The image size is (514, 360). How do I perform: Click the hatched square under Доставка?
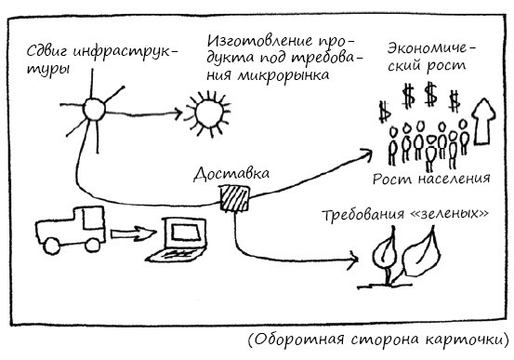tap(234, 199)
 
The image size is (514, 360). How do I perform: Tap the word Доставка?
tap(231, 174)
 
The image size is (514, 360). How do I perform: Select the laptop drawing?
tap(177, 240)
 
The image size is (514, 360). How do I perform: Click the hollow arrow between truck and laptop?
tap(133, 233)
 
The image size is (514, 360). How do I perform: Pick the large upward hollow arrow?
tap(483, 121)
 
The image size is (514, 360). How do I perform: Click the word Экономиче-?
tap(431, 49)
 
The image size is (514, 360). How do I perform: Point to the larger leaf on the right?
tap(421, 253)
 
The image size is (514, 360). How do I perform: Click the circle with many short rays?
tap(208, 113)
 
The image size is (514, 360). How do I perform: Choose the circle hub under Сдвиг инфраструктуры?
tap(94, 110)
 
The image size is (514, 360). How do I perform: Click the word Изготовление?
tap(260, 41)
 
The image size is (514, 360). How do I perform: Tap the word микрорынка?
tap(283, 75)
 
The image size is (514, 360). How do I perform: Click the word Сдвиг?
tap(47, 51)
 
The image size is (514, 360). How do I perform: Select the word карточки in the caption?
tap(468, 340)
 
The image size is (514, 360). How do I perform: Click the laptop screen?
tap(186, 233)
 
